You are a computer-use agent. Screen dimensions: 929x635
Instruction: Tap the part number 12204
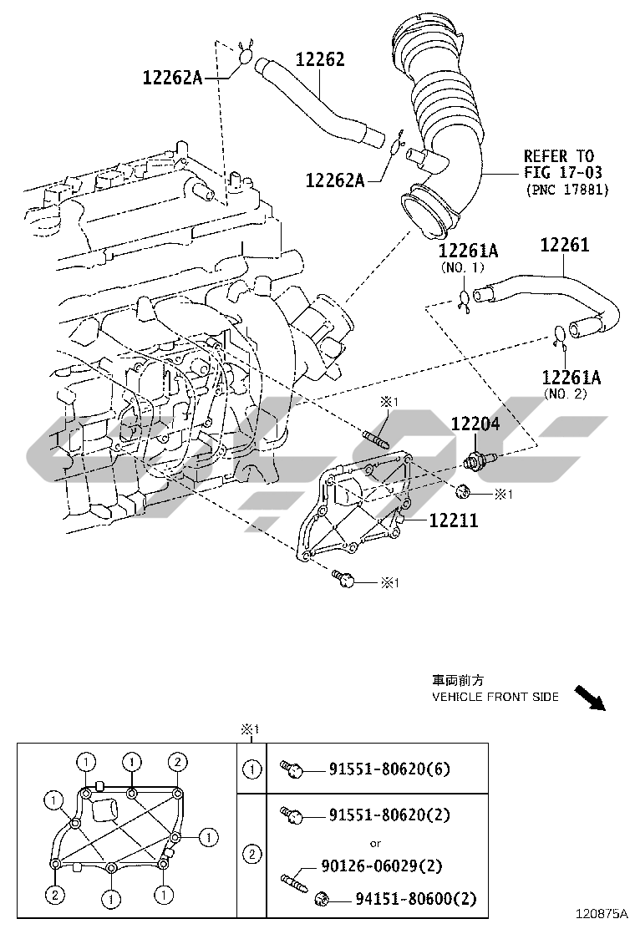point(475,424)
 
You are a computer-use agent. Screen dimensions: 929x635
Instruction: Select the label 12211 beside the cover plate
point(454,521)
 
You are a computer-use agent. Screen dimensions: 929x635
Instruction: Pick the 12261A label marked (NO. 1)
point(468,251)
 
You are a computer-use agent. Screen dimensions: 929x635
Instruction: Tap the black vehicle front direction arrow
point(590,698)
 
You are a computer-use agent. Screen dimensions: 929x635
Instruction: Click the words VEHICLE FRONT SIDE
point(495,697)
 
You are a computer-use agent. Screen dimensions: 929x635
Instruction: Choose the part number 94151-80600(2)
point(415,899)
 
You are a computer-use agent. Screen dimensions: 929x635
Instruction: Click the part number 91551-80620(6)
point(389,769)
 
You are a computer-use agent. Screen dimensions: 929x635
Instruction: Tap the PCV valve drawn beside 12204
point(481,459)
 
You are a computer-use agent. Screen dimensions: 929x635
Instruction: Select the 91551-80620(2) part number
point(389,814)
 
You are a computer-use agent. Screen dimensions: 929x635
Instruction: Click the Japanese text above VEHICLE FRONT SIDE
point(458,681)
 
